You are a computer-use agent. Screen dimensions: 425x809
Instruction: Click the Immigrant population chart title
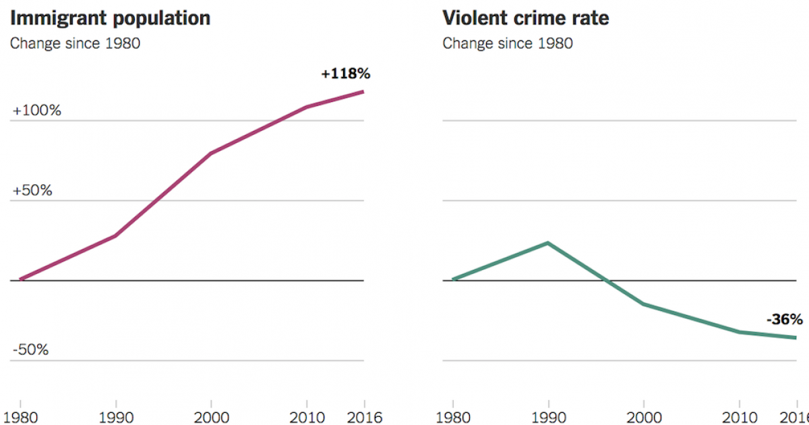[110, 18]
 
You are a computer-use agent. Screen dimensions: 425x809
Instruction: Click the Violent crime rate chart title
[525, 18]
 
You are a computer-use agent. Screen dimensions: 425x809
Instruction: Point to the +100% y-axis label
[37, 111]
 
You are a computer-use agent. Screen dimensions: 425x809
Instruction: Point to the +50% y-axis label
[32, 190]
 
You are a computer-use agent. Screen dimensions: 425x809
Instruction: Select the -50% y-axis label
[31, 350]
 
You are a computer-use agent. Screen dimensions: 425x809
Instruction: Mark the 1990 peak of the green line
[547, 243]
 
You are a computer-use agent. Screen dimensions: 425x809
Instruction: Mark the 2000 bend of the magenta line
[211, 154]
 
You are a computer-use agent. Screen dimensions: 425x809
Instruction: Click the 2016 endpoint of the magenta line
[363, 92]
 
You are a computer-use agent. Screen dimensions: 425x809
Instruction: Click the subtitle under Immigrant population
[74, 44]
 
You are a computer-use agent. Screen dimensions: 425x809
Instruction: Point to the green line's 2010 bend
[740, 332]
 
